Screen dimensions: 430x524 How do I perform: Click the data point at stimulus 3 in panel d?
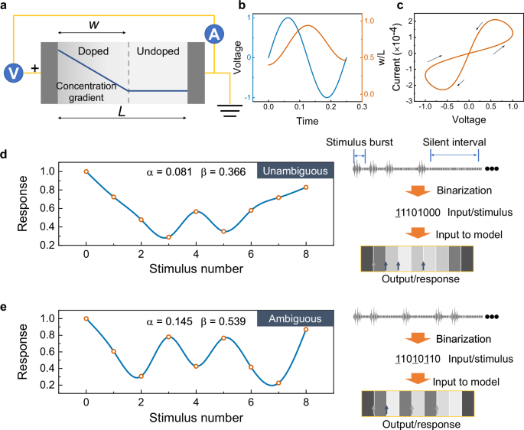pyautogui.click(x=168, y=237)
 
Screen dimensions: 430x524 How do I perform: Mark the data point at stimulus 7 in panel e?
pyautogui.click(x=278, y=383)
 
